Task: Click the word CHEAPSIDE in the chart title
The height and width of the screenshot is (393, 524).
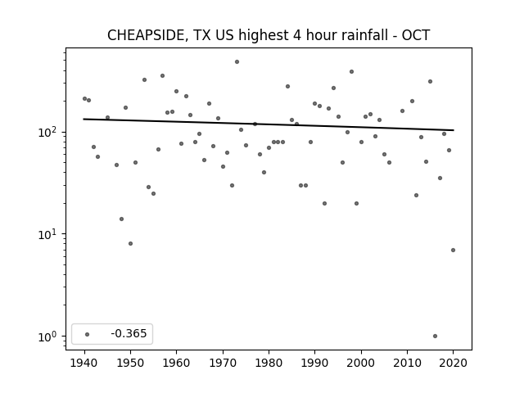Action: (146, 35)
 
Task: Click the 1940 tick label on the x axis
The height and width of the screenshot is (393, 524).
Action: (84, 363)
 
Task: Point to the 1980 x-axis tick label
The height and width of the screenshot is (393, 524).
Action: (269, 363)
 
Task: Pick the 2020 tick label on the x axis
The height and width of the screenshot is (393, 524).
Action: (453, 363)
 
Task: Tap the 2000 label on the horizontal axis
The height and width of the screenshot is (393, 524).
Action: (361, 363)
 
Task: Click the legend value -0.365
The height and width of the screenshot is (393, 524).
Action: (129, 333)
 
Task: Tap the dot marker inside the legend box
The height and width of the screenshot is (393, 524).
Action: (88, 334)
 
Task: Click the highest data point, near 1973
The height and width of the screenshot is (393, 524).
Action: (237, 62)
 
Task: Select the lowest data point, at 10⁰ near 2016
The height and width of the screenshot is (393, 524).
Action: (435, 337)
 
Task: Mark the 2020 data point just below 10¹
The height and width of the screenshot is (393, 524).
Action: (453, 250)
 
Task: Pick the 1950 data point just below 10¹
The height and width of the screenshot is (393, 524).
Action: (131, 244)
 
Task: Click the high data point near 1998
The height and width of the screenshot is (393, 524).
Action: (351, 71)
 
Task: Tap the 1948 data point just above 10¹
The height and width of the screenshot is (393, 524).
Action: (122, 219)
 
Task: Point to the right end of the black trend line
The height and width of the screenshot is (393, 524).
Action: (454, 130)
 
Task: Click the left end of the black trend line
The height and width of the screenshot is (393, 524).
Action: (84, 119)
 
